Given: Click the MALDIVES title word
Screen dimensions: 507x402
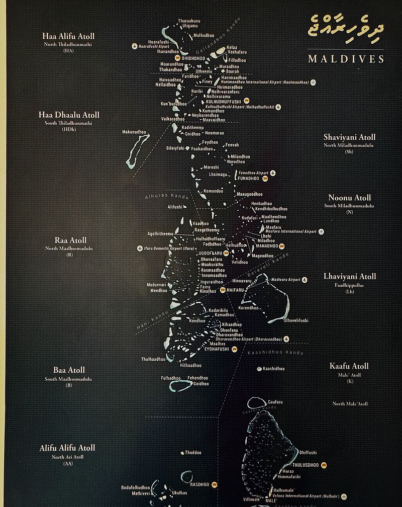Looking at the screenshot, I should click(346, 59).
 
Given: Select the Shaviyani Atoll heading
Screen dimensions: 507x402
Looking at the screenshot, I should click(349, 137).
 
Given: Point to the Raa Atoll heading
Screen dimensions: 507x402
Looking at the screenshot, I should click(70, 240).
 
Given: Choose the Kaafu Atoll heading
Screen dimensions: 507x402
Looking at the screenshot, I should click(349, 366).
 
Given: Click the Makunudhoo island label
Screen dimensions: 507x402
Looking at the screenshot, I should click(134, 132).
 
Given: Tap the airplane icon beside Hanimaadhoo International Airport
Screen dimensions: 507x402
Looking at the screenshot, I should click(314, 82).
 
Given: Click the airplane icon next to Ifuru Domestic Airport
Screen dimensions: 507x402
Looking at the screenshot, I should click(140, 248).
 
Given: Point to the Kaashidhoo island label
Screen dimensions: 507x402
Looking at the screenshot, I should click(274, 369).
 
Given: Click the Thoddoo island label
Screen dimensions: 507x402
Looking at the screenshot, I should click(193, 453).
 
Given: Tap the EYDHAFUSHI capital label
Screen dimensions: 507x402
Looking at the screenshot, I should click(217, 349).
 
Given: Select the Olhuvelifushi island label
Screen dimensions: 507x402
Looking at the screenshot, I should click(295, 320).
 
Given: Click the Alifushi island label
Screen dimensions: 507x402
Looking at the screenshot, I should click(175, 207).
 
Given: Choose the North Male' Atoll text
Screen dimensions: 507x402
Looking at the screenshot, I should click(350, 403).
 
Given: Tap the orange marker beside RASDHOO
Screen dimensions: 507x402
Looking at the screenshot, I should click(215, 484).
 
